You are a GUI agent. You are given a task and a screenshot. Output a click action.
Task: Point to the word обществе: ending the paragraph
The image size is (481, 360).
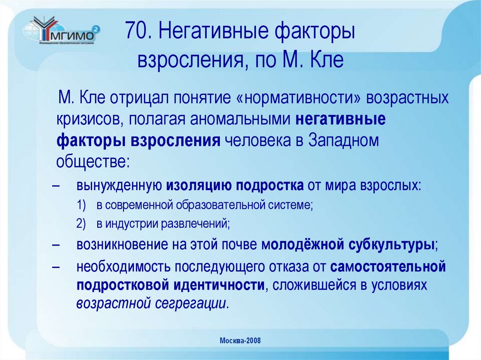pyautogui.click(x=92, y=162)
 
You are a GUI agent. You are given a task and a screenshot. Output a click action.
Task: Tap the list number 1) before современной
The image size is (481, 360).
pyautogui.click(x=81, y=205)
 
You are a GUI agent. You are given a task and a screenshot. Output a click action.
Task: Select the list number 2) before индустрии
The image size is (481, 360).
pyautogui.click(x=81, y=224)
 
